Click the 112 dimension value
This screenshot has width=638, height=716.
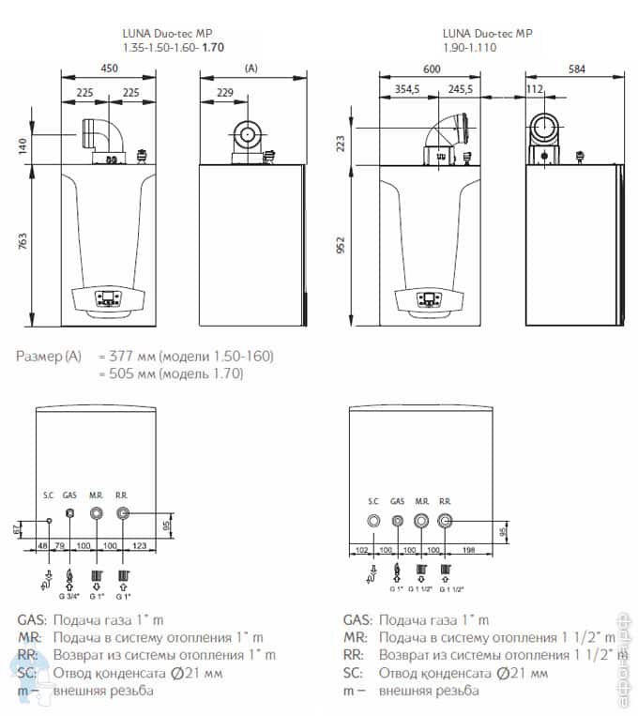pos(535,90)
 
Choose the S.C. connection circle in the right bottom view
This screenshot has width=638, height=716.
pos(373,521)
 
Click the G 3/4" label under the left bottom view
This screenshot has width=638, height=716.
pos(68,595)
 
